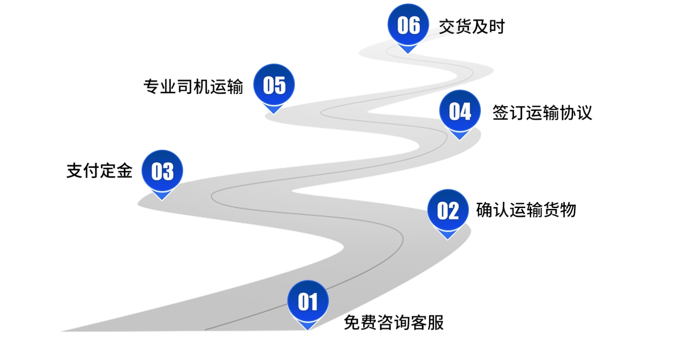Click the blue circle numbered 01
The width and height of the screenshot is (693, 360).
[308, 301]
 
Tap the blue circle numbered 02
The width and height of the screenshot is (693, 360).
[448, 210]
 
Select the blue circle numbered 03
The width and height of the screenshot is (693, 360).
[162, 171]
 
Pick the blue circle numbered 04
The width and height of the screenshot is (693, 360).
[460, 111]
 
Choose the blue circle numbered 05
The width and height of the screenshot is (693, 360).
[274, 85]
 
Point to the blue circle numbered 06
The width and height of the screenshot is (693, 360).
[408, 25]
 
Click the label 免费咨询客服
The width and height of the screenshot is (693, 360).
[394, 323]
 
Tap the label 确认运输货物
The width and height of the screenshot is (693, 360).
[526, 209]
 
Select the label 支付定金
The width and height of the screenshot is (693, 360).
[99, 171]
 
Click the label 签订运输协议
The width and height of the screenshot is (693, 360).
[542, 112]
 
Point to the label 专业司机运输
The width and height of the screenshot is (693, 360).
[193, 86]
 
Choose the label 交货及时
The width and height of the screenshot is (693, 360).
[472, 27]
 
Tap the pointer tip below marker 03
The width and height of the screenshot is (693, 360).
[162, 199]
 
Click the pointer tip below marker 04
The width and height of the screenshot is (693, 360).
[460, 139]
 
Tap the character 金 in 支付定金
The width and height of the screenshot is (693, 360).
[124, 171]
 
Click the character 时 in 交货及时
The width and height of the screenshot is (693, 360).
[496, 27]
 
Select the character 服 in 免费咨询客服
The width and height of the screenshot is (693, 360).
[435, 323]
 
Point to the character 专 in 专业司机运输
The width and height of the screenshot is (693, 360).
[152, 86]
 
